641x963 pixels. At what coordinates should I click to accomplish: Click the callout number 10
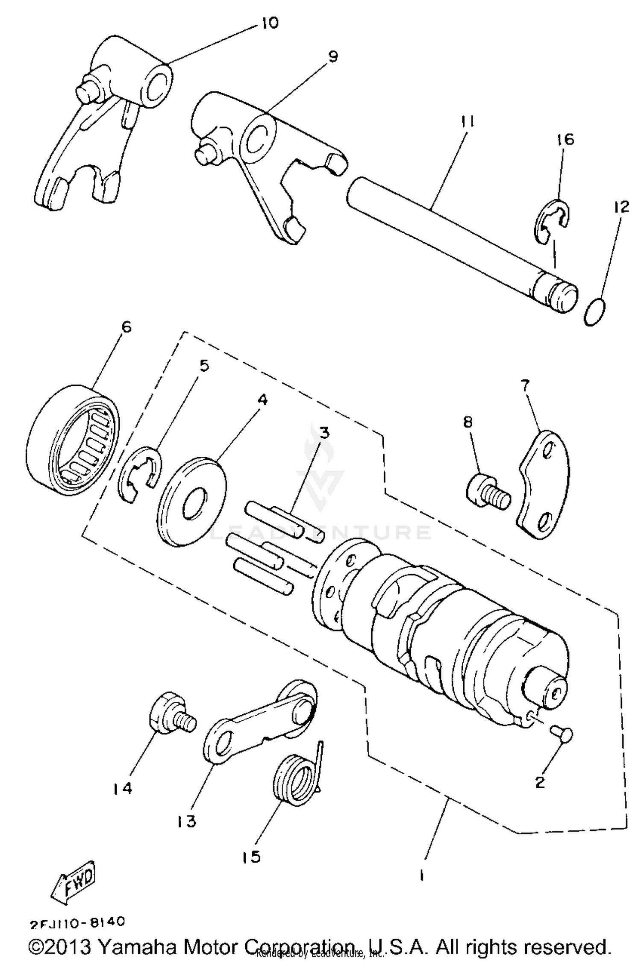point(269,23)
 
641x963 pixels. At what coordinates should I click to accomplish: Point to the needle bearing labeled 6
point(71,440)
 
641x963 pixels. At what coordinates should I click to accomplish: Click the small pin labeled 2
point(562,734)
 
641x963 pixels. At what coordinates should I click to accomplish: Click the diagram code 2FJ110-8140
point(77,922)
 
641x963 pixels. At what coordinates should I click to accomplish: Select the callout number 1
point(421,876)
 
